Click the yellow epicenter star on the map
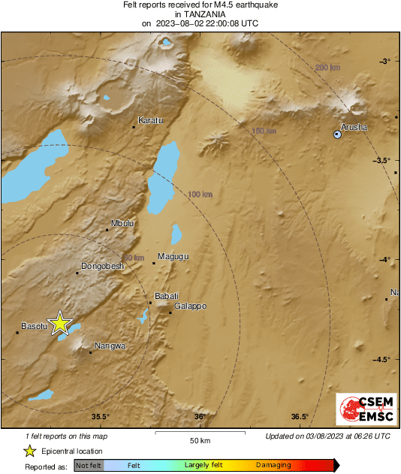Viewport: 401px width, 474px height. point(60,324)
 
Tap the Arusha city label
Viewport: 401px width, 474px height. point(354,127)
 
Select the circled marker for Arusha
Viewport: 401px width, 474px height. point(337,134)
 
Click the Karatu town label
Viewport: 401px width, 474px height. point(150,120)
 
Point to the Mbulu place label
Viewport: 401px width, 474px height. point(122,223)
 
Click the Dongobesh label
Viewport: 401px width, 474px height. point(101,266)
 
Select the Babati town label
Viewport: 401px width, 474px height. point(166,296)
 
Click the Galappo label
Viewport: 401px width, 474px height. point(190,306)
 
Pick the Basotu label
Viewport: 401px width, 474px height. point(34,326)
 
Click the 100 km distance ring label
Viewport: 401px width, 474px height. point(200,195)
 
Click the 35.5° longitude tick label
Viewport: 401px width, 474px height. point(101,417)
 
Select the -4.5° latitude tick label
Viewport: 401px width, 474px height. point(381,359)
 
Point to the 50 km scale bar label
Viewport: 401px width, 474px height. point(200,439)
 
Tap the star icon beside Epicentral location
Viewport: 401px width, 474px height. point(29,451)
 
